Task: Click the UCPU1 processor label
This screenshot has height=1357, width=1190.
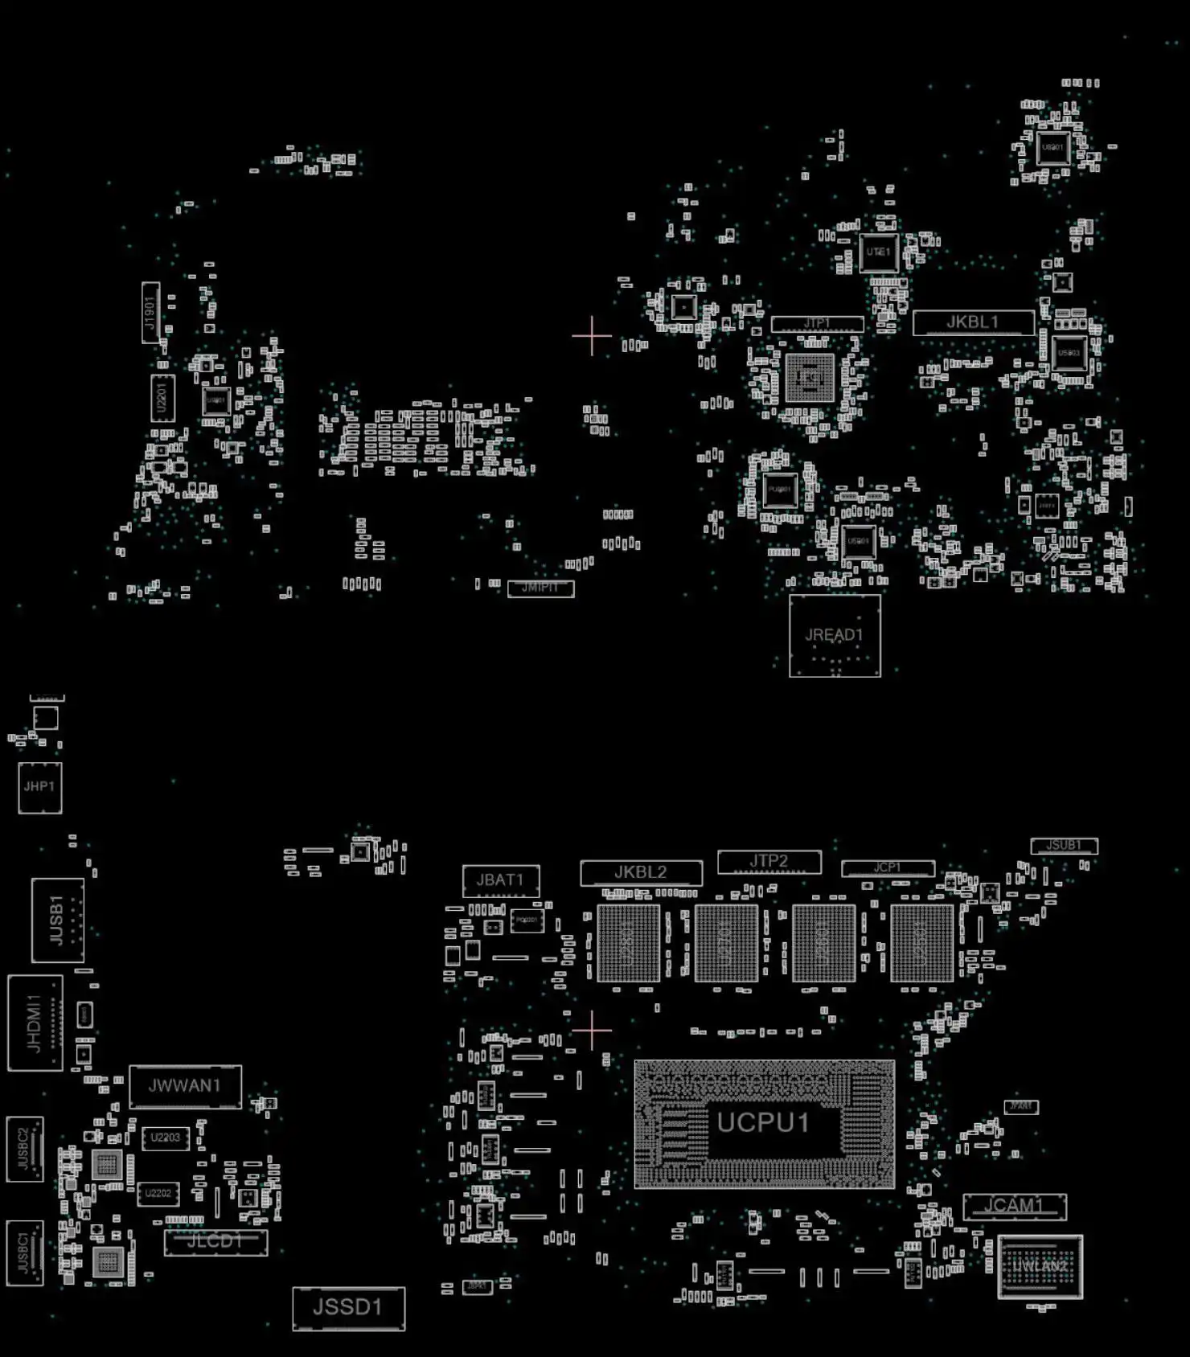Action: [x=762, y=1122]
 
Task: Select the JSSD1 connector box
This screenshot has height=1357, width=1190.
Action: [x=348, y=1307]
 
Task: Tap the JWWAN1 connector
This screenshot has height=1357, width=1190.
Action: [x=185, y=1086]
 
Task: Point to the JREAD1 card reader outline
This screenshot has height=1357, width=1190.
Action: [x=835, y=635]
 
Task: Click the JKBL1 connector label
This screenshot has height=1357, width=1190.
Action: [x=972, y=322]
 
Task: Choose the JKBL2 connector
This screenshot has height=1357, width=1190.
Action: [x=641, y=872]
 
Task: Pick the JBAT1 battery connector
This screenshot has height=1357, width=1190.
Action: [x=500, y=880]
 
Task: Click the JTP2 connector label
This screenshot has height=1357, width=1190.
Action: [x=769, y=861]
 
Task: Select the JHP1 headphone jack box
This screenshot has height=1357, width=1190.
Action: [x=39, y=787]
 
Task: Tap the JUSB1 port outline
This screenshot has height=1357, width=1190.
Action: [x=57, y=920]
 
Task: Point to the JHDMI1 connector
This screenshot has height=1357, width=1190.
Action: [x=35, y=1023]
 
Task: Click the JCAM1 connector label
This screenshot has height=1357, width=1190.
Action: [x=1014, y=1206]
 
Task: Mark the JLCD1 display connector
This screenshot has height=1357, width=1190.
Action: [x=215, y=1242]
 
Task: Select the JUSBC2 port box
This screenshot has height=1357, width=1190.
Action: [x=24, y=1149]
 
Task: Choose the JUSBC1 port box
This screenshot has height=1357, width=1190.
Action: [x=24, y=1252]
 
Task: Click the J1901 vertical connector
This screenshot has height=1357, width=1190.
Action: [x=150, y=313]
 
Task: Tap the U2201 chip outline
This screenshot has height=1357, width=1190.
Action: [x=162, y=398]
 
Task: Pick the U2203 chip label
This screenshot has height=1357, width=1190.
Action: [x=166, y=1138]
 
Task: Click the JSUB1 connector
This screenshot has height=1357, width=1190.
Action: [x=1063, y=846]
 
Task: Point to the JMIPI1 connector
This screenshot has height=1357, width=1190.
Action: [x=540, y=588]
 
